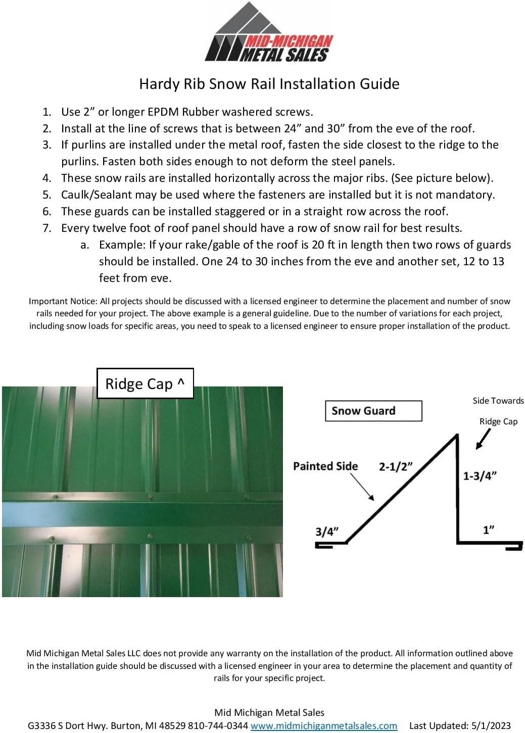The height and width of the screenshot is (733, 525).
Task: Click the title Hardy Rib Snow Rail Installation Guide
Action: (x=269, y=84)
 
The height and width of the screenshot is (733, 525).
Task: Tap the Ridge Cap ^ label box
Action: (x=145, y=384)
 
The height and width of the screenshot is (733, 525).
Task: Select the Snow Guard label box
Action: (x=373, y=411)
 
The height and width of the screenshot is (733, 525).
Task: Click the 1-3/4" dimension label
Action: (x=480, y=475)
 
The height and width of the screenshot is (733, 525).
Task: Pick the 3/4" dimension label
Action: (x=326, y=531)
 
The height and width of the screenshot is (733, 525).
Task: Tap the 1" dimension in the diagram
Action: (x=488, y=529)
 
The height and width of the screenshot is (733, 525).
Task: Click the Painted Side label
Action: (x=325, y=466)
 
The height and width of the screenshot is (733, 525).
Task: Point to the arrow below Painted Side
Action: (x=362, y=488)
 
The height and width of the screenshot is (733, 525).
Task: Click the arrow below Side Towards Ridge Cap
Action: (x=483, y=439)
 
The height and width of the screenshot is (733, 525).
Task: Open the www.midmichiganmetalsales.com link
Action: (x=324, y=725)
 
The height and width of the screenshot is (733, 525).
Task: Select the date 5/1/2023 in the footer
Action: (x=491, y=725)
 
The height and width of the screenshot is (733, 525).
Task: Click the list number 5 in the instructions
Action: (x=46, y=195)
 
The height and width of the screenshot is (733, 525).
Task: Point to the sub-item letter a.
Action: (x=85, y=245)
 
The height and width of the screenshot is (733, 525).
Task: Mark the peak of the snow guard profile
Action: (x=457, y=434)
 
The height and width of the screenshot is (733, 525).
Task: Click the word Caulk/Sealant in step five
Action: (x=96, y=195)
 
